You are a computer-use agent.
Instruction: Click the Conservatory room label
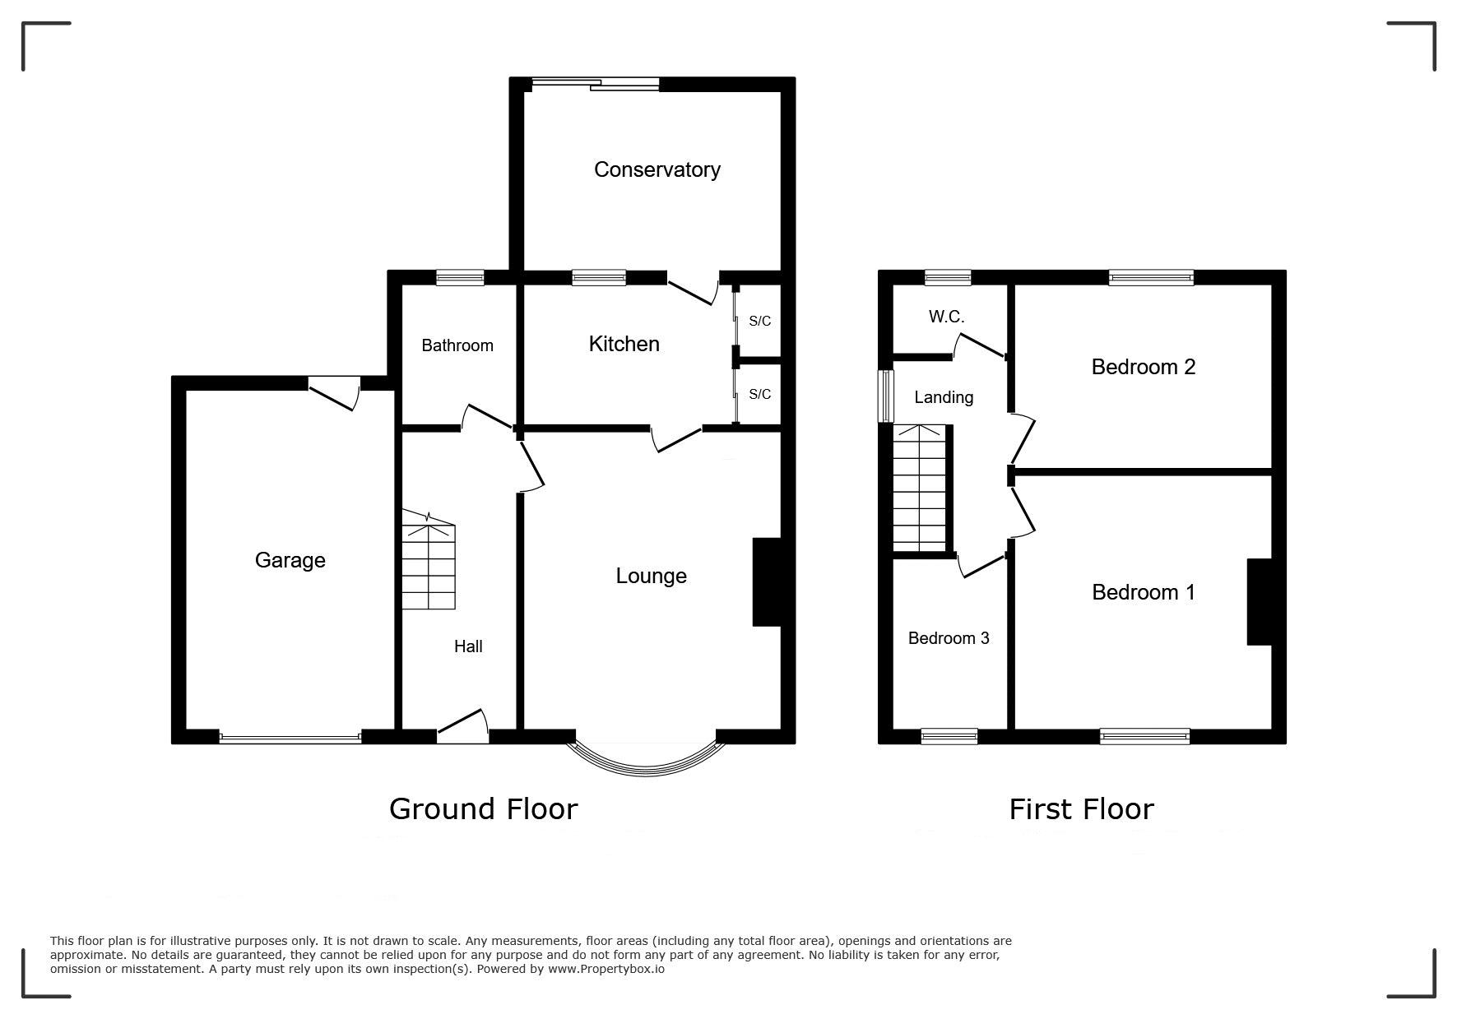[657, 169]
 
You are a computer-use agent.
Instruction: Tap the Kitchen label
[624, 344]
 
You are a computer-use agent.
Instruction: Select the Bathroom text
[457, 345]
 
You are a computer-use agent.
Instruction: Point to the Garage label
[290, 560]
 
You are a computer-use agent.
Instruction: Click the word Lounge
[651, 576]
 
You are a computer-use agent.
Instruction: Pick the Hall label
[468, 646]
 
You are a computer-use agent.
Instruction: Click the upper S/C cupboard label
[759, 321]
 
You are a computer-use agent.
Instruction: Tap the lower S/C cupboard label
[759, 395]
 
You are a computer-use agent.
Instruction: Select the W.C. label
[946, 317]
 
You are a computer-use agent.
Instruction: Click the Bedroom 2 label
[1143, 367]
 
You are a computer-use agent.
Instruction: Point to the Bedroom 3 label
[949, 638]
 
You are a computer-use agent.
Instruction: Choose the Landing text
[944, 397]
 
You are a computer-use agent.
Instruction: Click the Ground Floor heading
[483, 809]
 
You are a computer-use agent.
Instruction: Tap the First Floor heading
[1081, 809]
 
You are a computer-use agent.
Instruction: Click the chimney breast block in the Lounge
[767, 582]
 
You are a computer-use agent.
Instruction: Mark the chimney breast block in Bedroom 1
[1260, 602]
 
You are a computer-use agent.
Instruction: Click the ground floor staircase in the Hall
[428, 560]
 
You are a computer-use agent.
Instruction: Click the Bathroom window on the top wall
[460, 277]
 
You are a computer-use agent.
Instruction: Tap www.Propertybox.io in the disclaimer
[606, 969]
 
